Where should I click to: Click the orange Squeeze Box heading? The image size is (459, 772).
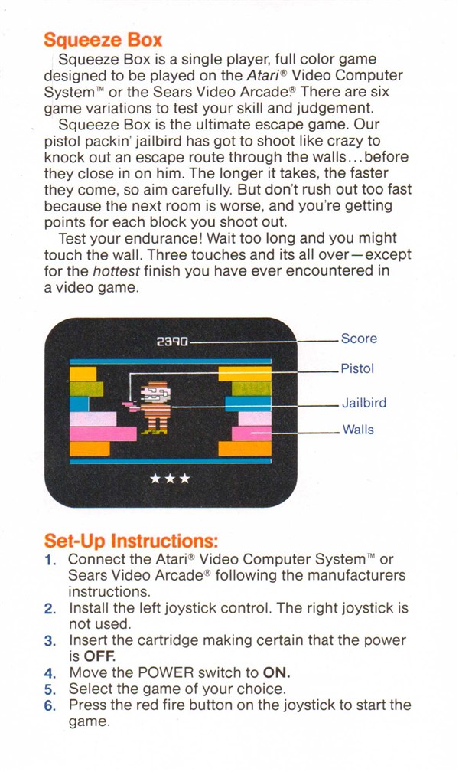click(x=103, y=40)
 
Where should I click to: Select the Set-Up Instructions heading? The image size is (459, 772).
click(x=131, y=541)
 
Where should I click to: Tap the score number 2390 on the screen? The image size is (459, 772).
click(x=172, y=342)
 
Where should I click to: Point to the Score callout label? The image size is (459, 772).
click(x=359, y=339)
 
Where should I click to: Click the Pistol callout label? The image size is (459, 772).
click(x=358, y=368)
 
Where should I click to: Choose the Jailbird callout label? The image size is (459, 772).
click(x=365, y=403)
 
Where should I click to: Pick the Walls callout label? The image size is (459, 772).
click(x=358, y=430)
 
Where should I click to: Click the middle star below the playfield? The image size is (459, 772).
click(x=170, y=478)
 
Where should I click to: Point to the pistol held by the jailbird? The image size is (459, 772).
click(x=131, y=406)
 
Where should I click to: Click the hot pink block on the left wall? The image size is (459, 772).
click(x=103, y=433)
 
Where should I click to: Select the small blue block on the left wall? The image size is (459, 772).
click(x=80, y=404)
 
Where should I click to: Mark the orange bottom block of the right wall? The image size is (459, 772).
click(x=245, y=449)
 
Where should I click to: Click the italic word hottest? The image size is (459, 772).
click(x=116, y=271)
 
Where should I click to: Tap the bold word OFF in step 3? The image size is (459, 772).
click(x=100, y=656)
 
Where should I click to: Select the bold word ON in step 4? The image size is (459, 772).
click(x=276, y=672)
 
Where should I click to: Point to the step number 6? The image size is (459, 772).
click(x=50, y=705)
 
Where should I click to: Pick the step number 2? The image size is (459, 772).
click(x=50, y=609)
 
